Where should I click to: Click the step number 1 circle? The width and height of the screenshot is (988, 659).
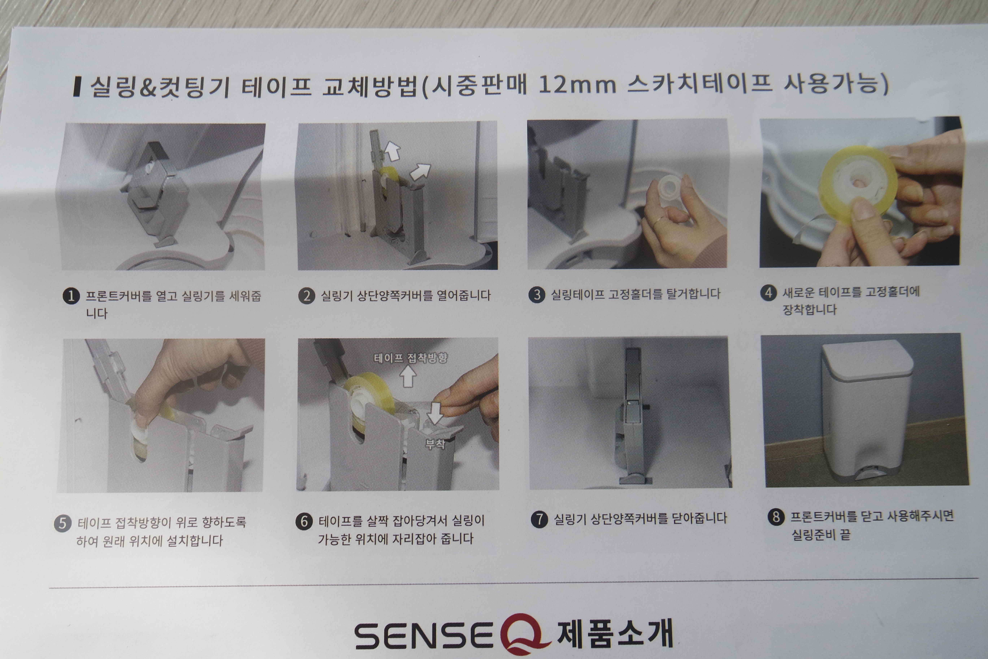[x=71, y=296]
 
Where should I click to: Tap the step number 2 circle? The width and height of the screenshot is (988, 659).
[x=307, y=296]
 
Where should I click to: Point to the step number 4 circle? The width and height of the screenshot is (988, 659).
[x=768, y=292]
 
